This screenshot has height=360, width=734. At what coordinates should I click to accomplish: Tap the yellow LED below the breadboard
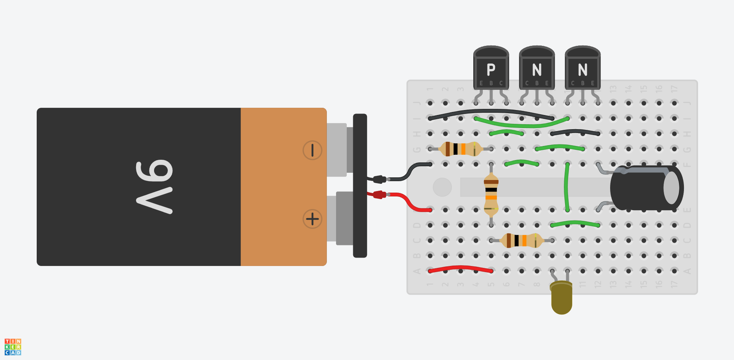pos(562,300)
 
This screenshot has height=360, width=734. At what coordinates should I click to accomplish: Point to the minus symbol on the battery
pos(312,150)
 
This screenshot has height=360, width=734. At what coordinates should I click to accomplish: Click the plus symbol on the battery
pos(312,219)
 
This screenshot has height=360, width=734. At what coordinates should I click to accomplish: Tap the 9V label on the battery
pos(155,187)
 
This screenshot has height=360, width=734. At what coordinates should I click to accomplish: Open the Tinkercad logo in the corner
pos(13,347)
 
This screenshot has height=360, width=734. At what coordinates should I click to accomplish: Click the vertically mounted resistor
pos(491,195)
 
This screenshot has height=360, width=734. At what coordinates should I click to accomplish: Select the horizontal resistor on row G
pos(460,149)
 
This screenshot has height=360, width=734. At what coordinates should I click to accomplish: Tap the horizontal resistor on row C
pos(521,240)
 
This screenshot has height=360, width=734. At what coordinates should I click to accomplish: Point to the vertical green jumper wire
pos(567,187)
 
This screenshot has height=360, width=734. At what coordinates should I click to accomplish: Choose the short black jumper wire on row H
pos(575,132)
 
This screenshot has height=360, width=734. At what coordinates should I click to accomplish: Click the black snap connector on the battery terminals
pos(360,186)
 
